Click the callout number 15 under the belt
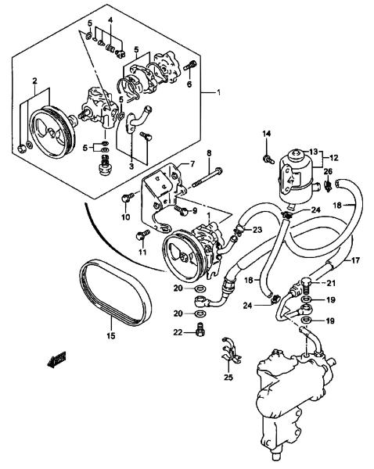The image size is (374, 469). pos(111,336)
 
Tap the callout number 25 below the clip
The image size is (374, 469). pos(228,378)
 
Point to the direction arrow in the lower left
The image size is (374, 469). pos(56,359)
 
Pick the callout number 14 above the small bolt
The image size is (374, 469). pos(267,134)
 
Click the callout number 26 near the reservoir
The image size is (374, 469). pos(328,171)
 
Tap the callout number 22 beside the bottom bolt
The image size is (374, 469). pos(178,332)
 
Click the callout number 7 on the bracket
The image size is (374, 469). pos(192,163)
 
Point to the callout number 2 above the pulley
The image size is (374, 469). pos(34,81)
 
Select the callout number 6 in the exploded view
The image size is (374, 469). pos(189,84)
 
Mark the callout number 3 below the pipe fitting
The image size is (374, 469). pos(131,166)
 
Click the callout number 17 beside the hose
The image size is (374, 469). pos(355,260)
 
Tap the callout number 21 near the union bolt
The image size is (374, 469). pos(331,283)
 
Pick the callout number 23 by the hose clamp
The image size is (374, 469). pos(257,230)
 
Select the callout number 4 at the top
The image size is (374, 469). pos(110,20)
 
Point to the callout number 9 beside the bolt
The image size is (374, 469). pos(195,211)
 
